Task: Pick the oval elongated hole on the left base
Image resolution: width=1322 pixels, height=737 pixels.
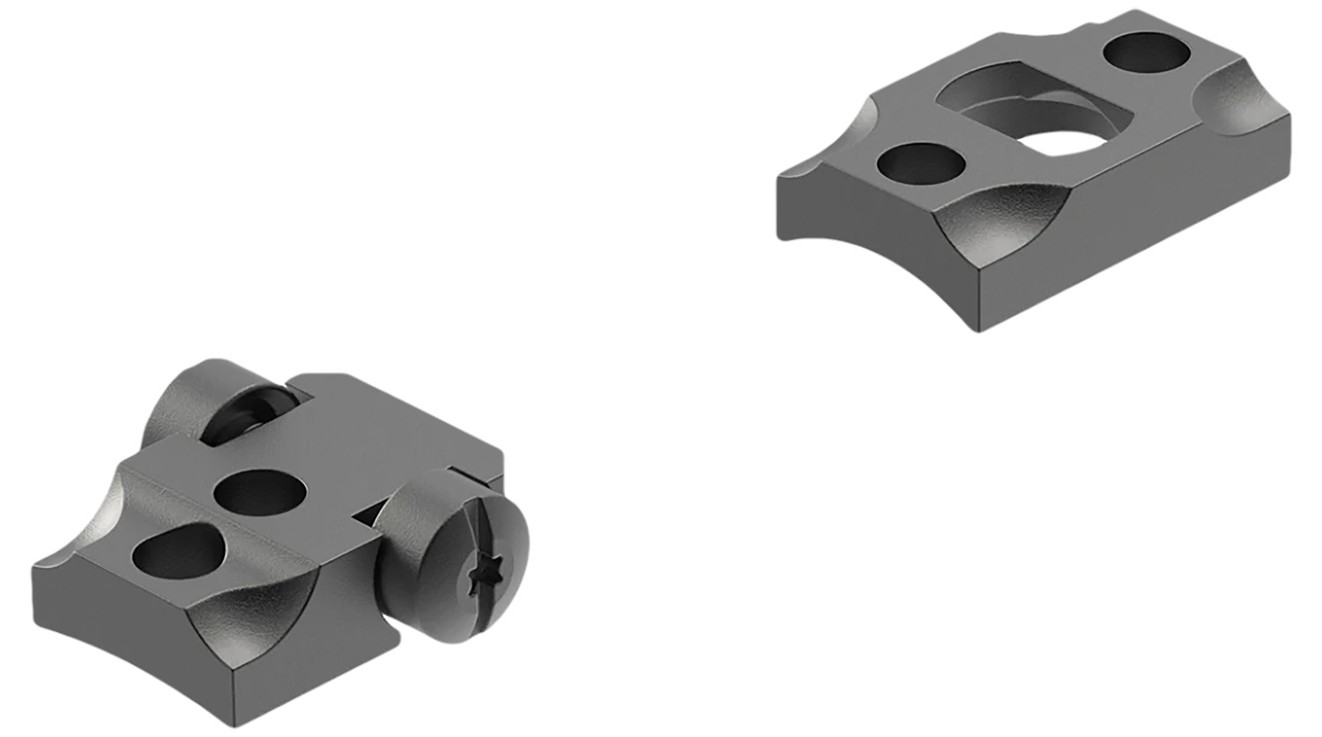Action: (x=177, y=553)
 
